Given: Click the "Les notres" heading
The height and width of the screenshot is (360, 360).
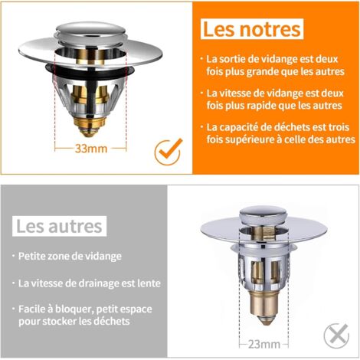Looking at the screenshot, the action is (x=252, y=29).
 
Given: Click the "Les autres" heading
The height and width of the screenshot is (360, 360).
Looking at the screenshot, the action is (x=59, y=226).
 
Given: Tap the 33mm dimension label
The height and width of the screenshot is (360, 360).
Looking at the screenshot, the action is (x=91, y=149).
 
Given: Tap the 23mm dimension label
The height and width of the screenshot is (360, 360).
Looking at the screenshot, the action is (x=264, y=345).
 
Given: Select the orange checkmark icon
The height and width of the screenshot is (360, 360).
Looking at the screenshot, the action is (x=169, y=152).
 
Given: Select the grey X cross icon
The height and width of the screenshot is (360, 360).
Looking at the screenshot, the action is (x=337, y=335).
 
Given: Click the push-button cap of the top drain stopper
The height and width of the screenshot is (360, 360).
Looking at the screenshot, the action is (x=91, y=31).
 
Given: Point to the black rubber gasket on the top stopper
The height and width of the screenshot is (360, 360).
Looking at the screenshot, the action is (x=90, y=72).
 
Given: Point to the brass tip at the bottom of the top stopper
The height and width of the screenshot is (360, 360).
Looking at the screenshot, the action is (x=89, y=127).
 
